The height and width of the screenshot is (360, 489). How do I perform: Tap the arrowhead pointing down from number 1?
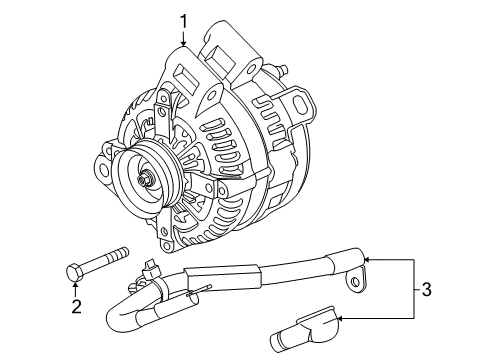pyautogui.click(x=184, y=41)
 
